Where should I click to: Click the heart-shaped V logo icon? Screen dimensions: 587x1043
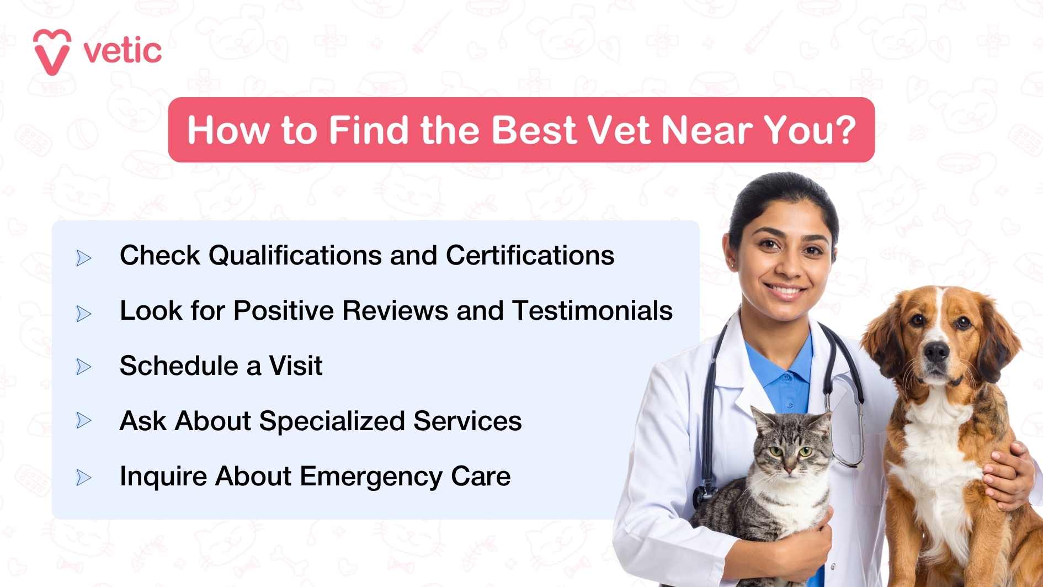pyautogui.click(x=52, y=52)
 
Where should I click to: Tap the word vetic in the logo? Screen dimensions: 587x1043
pyautogui.click(x=123, y=51)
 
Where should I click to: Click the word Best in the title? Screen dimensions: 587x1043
pyautogui.click(x=534, y=130)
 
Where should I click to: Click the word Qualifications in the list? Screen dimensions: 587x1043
pyautogui.click(x=295, y=256)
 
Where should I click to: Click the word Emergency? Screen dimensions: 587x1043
pyautogui.click(x=371, y=477)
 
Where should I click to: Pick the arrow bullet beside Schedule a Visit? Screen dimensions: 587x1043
pyautogui.click(x=84, y=367)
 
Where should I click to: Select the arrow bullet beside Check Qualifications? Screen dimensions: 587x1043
pyautogui.click(x=84, y=257)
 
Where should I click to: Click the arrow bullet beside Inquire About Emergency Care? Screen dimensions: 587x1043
pyautogui.click(x=84, y=477)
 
